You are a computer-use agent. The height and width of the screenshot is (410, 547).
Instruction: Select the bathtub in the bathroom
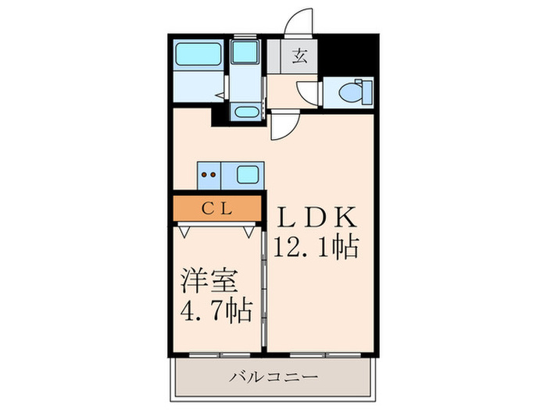198,55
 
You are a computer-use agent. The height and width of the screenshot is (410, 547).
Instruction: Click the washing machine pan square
247,54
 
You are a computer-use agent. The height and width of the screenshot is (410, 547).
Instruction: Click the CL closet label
216,209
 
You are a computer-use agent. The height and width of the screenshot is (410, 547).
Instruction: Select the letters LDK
314,216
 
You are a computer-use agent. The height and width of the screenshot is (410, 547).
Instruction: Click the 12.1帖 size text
315,248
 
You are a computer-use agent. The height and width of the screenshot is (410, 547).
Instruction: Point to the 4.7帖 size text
216,312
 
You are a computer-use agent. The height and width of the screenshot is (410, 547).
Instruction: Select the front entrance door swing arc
300,22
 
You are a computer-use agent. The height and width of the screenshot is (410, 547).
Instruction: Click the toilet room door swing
311,94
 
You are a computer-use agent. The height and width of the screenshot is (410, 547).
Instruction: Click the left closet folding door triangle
186,230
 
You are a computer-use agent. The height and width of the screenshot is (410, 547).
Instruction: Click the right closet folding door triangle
249,230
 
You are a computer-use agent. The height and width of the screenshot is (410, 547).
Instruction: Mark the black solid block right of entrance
350,55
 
